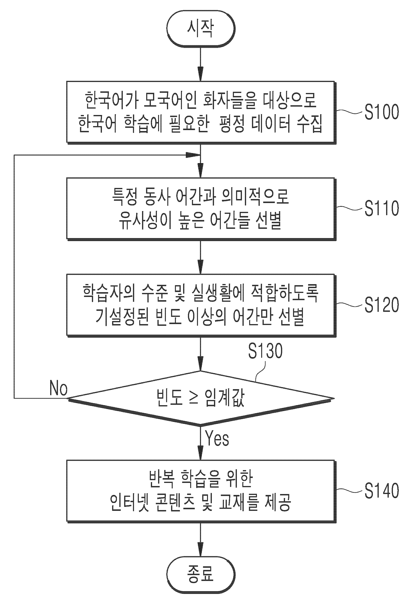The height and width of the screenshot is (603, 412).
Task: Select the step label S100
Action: (x=382, y=112)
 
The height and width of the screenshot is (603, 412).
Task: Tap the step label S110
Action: (x=382, y=208)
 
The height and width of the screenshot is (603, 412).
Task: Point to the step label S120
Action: (x=382, y=305)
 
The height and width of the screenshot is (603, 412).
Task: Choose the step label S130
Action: (x=265, y=351)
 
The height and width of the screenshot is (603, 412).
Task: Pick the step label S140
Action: (x=382, y=491)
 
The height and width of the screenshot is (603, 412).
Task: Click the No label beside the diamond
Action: (x=58, y=388)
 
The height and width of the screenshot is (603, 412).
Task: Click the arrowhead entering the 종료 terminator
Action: (x=201, y=550)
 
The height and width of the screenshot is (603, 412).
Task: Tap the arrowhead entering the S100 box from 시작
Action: (x=201, y=75)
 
